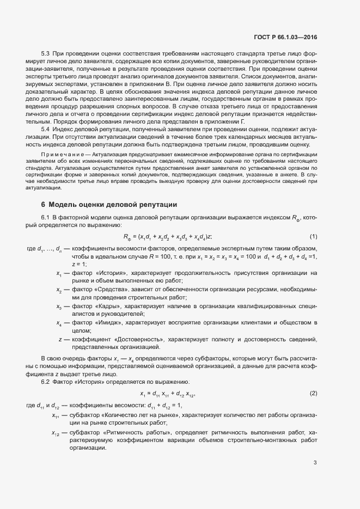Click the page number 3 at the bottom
tap(315, 463)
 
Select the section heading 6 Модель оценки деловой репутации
tap(109, 205)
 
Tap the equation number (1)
tap(313, 236)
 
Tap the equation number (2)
tap(313, 393)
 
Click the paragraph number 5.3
tap(46, 54)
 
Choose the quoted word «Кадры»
tap(108, 306)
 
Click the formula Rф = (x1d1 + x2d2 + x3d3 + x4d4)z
tap(168, 236)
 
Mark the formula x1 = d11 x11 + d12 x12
tap(168, 394)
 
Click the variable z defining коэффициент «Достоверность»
tap(59, 339)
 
